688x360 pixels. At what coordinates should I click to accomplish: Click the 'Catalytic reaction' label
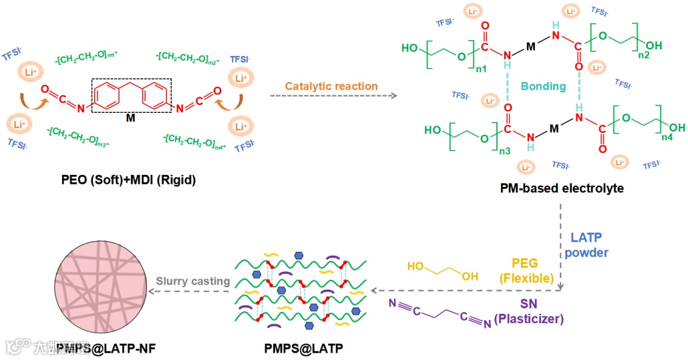331,86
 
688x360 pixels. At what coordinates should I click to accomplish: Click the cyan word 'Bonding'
543,86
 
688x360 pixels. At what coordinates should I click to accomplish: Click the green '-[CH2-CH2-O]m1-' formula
88,59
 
